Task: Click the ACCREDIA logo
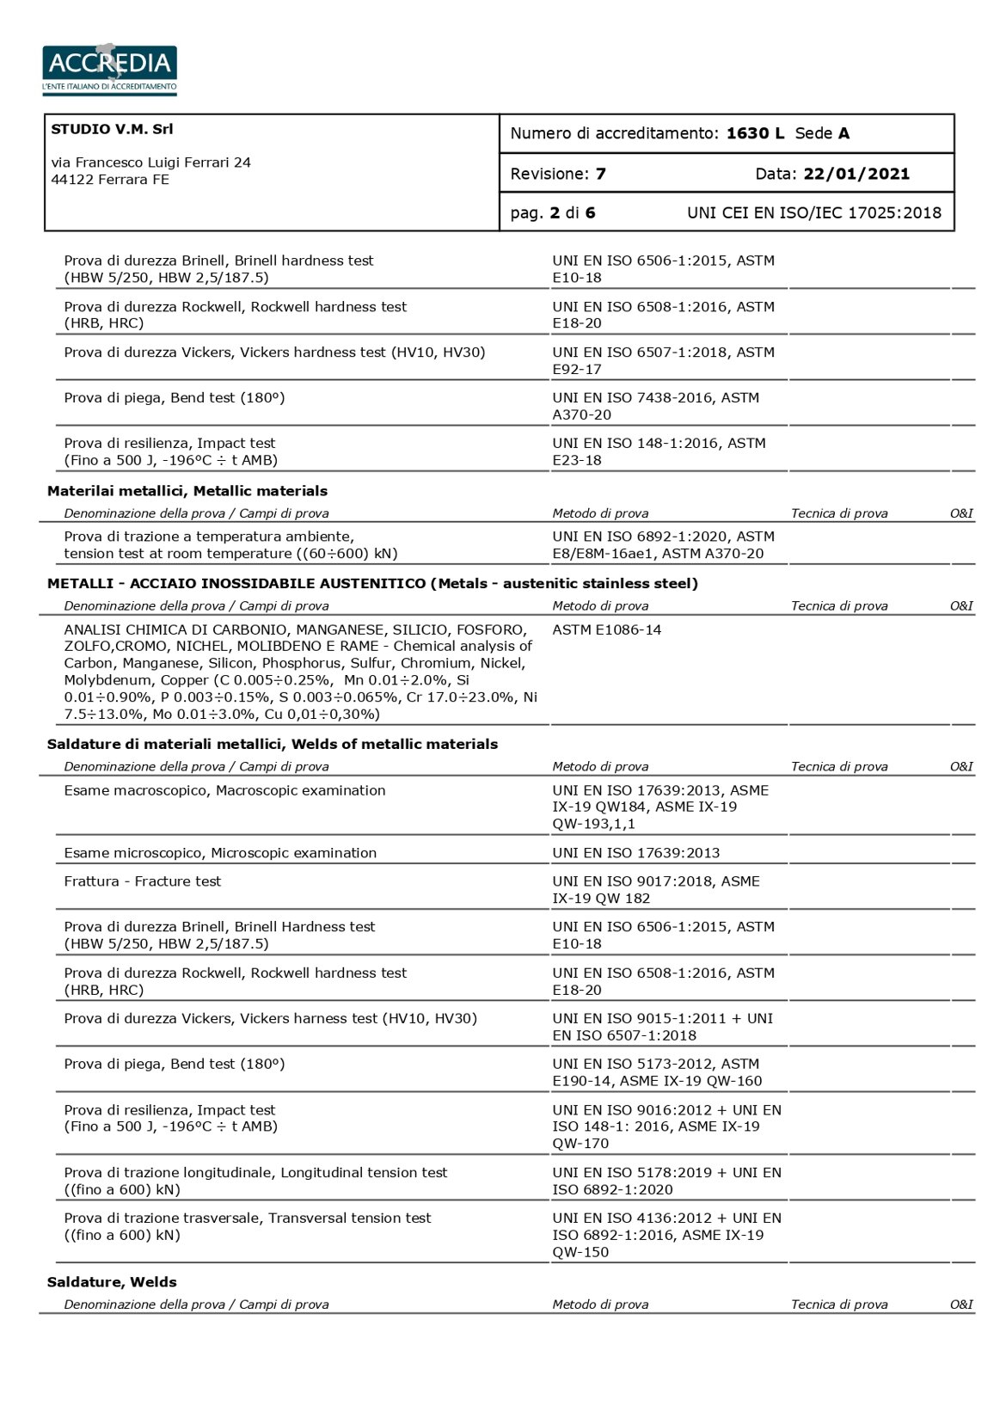coord(109,68)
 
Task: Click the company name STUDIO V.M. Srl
coord(112,129)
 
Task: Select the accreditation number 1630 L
coord(755,133)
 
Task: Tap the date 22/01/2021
coord(856,174)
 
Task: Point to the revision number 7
coord(600,174)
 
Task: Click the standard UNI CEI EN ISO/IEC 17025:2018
coord(813,212)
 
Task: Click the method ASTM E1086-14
coord(607,629)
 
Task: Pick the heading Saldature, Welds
coord(112,1281)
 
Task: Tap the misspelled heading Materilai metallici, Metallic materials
coord(187,491)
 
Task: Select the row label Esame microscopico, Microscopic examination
coord(220,853)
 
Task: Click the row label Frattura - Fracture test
coord(143,881)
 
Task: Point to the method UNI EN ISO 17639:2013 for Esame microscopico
coord(636,853)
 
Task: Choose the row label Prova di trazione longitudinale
coord(255,1173)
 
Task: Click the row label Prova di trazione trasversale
coord(248,1218)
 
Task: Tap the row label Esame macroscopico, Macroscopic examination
coord(224,790)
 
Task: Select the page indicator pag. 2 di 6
coord(553,212)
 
